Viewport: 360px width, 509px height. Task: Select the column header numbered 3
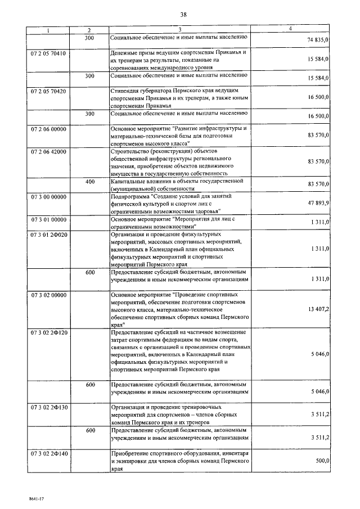coord(179,29)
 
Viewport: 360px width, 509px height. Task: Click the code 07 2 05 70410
coord(48,53)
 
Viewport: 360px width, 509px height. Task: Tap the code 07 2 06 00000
coord(48,129)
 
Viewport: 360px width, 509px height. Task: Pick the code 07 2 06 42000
coord(48,152)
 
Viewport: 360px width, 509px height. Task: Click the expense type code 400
coord(89,181)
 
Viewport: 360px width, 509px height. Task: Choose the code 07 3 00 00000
coord(48,196)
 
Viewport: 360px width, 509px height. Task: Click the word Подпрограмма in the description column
coord(130,196)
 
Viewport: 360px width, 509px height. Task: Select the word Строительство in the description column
coord(132,152)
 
